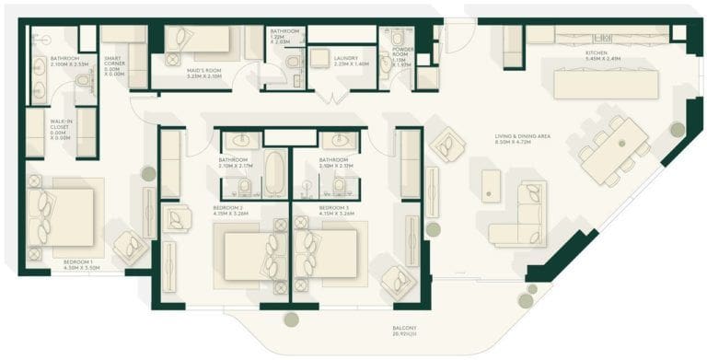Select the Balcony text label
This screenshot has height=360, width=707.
point(404,331)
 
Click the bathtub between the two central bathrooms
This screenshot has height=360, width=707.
point(275,172)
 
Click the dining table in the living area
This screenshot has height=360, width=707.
point(615,150)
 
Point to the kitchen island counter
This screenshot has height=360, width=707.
point(605,85)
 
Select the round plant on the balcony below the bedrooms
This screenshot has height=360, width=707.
point(291,319)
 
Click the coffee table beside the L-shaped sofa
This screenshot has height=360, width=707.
point(492,185)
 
